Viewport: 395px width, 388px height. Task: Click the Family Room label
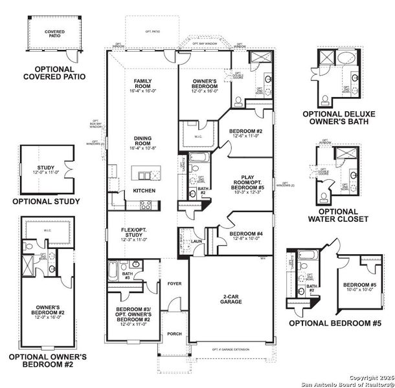coord(143,85)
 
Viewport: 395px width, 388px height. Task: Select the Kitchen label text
coord(143,191)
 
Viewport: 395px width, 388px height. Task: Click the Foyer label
coord(174,283)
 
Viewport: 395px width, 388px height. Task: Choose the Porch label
coord(174,334)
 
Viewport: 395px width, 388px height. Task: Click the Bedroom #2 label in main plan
coord(244,134)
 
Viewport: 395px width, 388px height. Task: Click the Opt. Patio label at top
coord(152,31)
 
